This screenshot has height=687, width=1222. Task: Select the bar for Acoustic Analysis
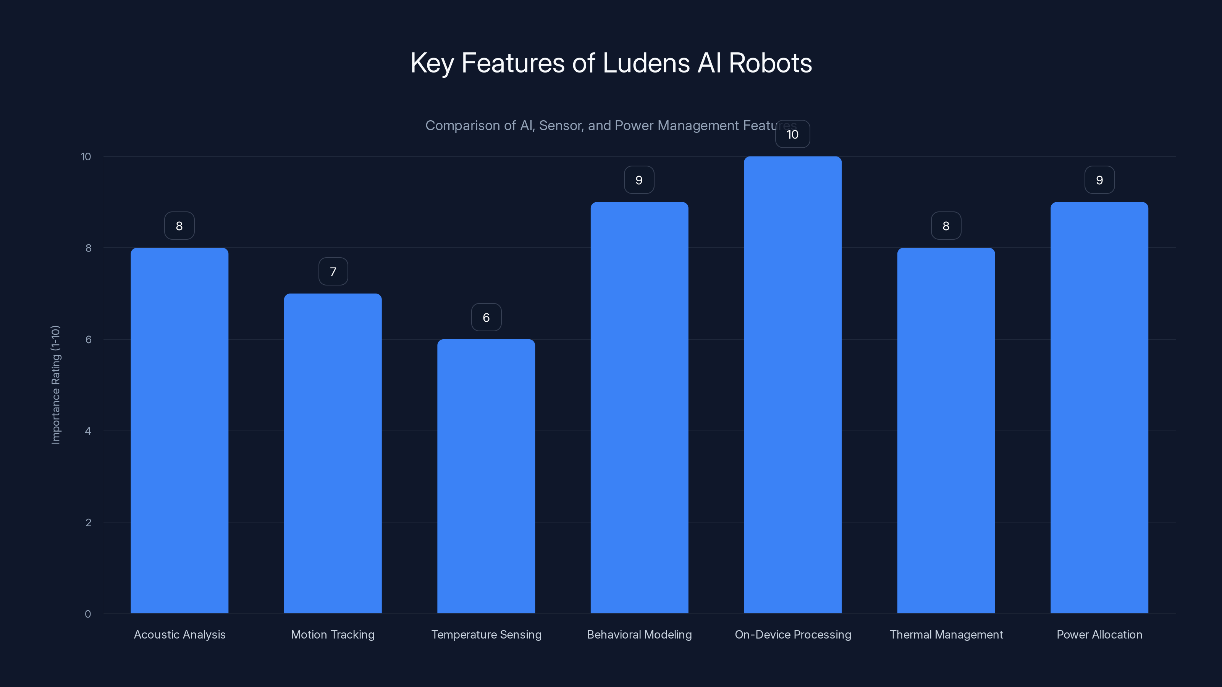click(x=179, y=431)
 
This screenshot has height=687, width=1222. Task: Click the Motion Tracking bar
click(x=333, y=453)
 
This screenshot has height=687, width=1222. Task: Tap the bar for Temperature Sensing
click(x=486, y=476)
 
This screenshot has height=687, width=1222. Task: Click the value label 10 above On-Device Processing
click(x=792, y=134)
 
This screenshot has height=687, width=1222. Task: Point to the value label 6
click(x=486, y=317)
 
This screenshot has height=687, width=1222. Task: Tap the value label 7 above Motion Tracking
click(x=333, y=271)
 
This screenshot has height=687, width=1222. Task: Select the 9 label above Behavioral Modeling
click(x=638, y=180)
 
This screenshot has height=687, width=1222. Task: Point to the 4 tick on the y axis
click(x=88, y=431)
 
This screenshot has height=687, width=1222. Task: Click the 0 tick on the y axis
click(x=88, y=614)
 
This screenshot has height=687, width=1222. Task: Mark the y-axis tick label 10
click(x=86, y=156)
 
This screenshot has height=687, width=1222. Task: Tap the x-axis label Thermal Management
click(x=946, y=634)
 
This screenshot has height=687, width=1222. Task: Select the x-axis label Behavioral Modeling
click(x=639, y=634)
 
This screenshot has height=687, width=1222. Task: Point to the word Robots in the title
click(x=770, y=63)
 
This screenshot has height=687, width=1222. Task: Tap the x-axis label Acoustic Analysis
click(x=179, y=634)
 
